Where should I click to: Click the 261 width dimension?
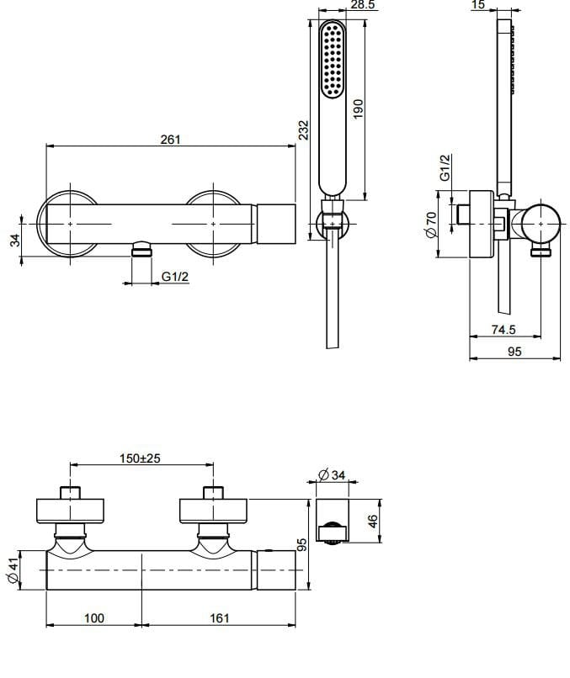[170, 140]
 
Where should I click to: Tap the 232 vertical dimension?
[305, 130]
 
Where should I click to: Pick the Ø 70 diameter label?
[431, 225]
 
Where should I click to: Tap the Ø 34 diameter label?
[332, 476]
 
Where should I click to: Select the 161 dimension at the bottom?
[219, 618]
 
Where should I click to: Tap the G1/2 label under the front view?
[175, 277]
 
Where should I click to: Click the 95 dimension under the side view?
[514, 352]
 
